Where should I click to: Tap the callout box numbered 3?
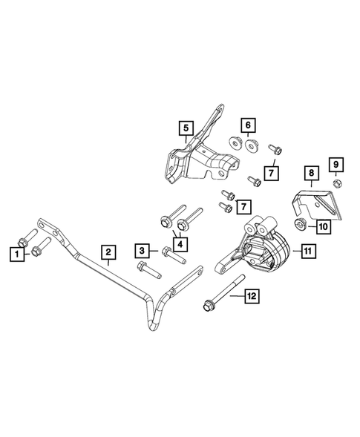click(x=139, y=250)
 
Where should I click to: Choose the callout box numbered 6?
click(x=248, y=125)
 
